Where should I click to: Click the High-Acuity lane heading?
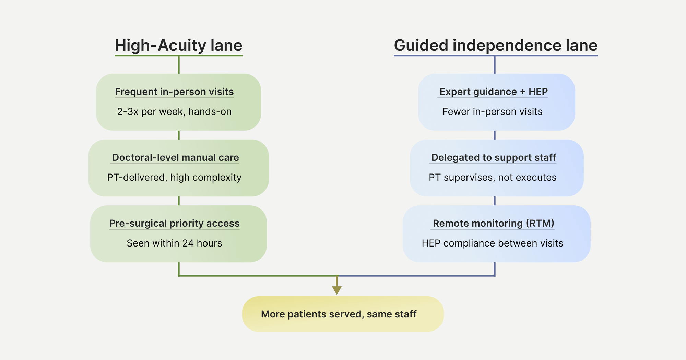pos(178,46)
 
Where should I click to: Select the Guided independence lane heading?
pos(495,46)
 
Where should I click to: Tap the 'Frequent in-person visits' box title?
pos(174,92)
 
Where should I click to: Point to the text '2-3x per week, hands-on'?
pos(174,112)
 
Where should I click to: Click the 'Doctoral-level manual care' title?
pos(175,158)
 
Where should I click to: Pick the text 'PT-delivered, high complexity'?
pos(174,178)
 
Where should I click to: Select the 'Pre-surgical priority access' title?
pos(174,224)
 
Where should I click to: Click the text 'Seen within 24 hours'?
pos(174,243)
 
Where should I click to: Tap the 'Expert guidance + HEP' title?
pos(493,92)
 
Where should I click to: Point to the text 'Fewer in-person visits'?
pos(492,112)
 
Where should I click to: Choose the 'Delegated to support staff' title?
pos(494,158)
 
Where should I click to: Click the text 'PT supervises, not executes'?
pos(493,178)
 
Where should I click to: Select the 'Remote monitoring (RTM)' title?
pos(493,224)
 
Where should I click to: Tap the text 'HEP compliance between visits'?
pos(492,243)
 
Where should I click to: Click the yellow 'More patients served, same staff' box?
pos(343,314)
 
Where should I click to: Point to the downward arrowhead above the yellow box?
pos(337,290)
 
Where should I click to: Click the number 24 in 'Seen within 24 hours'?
pos(188,243)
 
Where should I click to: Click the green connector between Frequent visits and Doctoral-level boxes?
pos(179,135)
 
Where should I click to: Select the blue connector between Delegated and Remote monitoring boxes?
pos(494,201)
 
